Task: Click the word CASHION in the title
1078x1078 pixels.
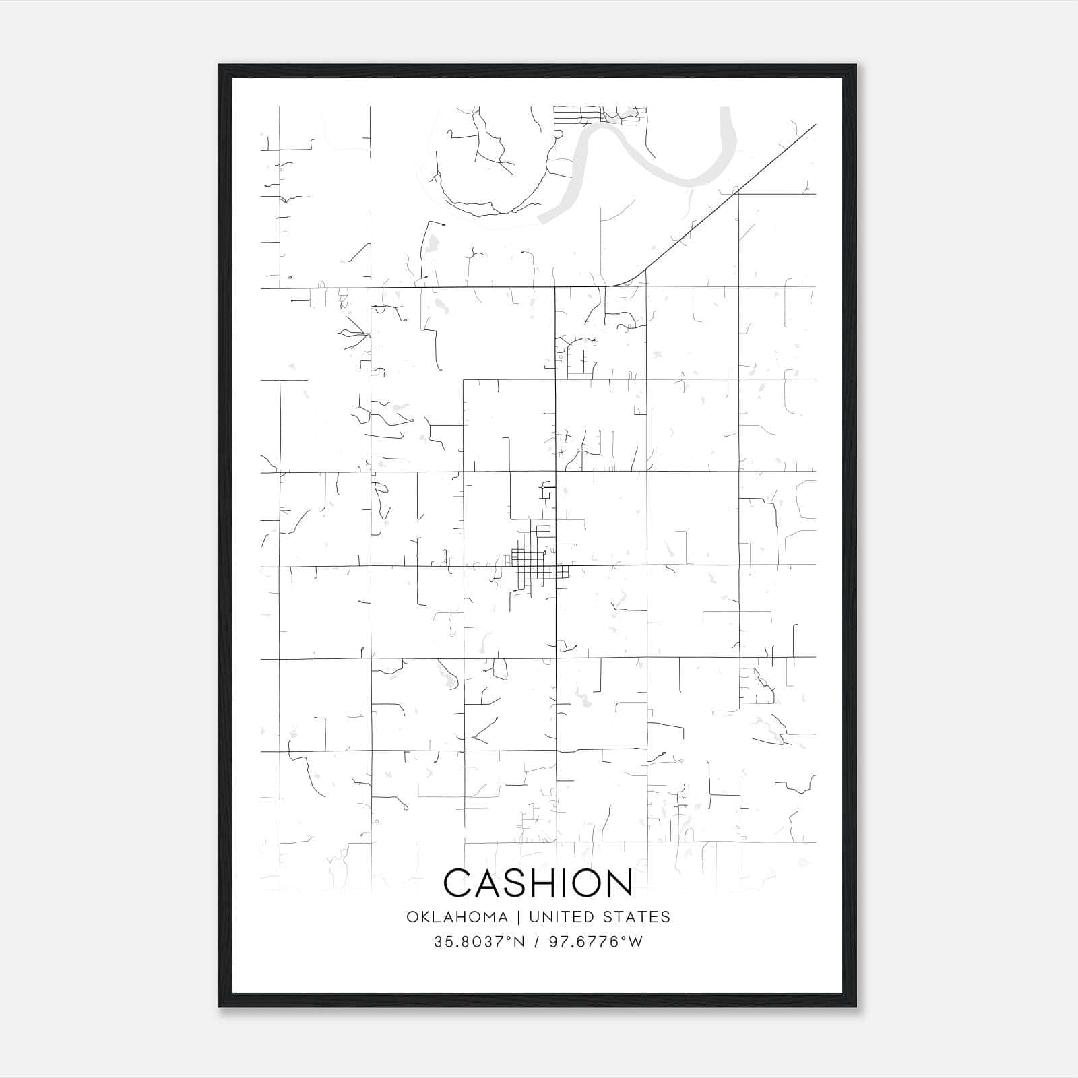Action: pyautogui.click(x=538, y=883)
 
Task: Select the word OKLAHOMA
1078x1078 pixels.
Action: pyautogui.click(x=457, y=917)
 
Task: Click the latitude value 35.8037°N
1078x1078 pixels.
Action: pyautogui.click(x=479, y=942)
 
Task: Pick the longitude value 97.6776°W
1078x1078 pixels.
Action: pyautogui.click(x=596, y=942)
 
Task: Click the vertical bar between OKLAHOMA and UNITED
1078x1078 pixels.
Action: pyautogui.click(x=518, y=917)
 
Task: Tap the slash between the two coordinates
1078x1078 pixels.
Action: pyautogui.click(x=537, y=942)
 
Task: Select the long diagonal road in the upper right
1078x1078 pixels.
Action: pyautogui.click(x=734, y=195)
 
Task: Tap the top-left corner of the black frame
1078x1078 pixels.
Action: pyautogui.click(x=220, y=66)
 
